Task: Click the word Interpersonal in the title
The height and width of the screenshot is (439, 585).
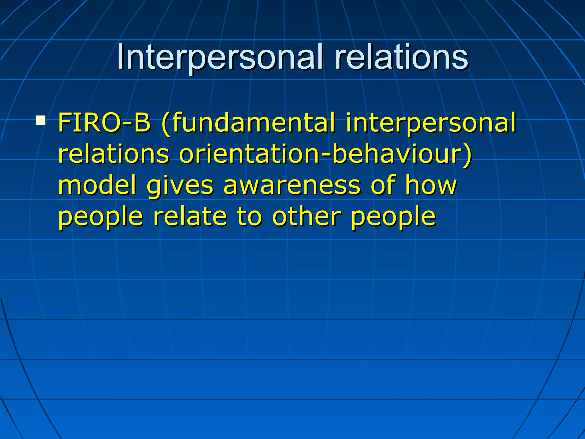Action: click(220, 57)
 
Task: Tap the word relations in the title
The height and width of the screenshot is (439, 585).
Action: click(401, 57)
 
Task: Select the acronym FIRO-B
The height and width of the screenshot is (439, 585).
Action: click(104, 123)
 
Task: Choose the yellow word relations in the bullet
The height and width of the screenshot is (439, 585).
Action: click(114, 154)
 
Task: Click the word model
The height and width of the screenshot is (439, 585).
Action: click(97, 185)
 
